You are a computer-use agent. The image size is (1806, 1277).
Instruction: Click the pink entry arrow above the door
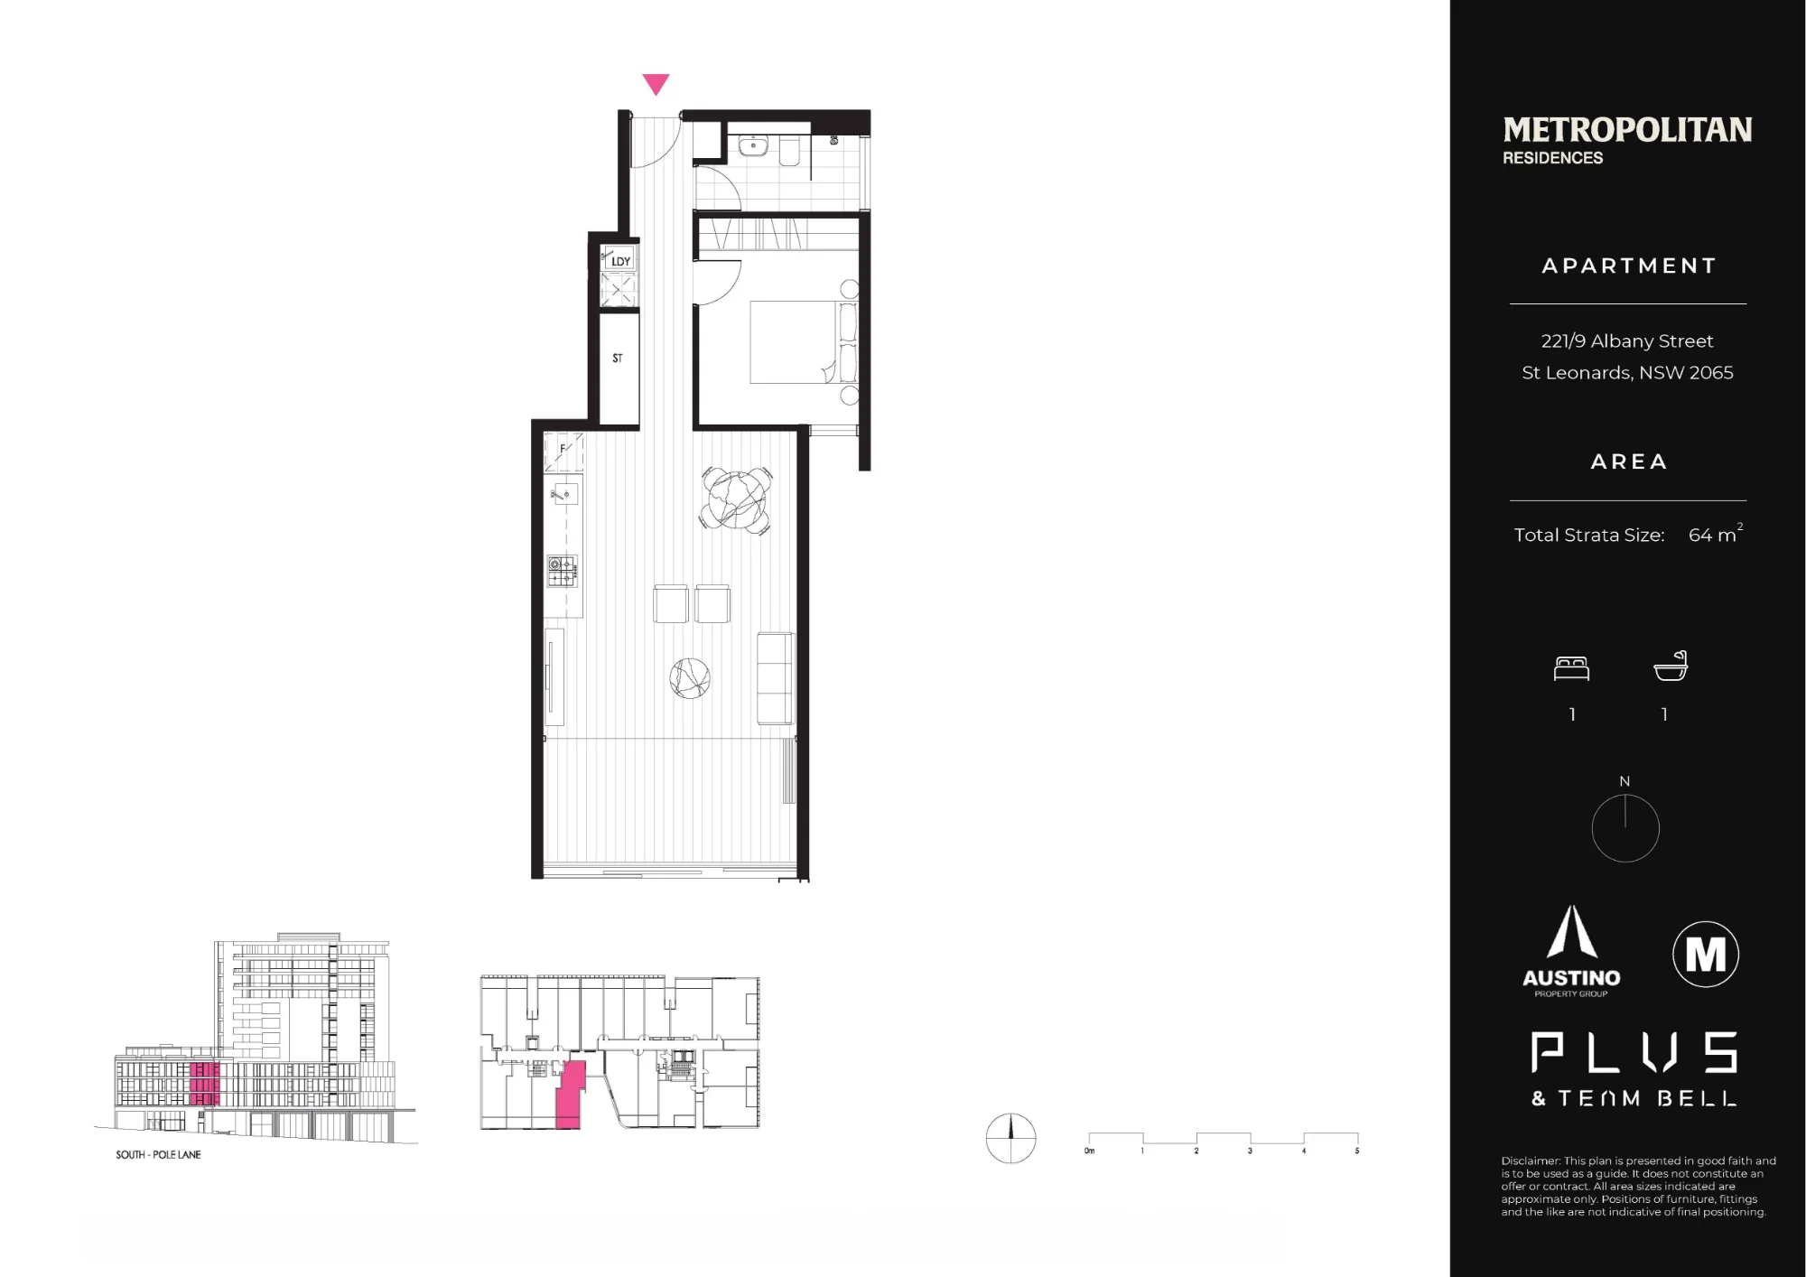[x=656, y=83]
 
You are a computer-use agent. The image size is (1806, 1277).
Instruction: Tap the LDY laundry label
[x=621, y=262]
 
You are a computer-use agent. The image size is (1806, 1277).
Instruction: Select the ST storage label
[x=618, y=359]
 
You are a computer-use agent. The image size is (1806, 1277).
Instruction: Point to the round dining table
[x=736, y=499]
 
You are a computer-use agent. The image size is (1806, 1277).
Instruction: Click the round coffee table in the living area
[x=690, y=678]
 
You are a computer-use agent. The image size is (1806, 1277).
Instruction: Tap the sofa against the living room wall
[x=776, y=678]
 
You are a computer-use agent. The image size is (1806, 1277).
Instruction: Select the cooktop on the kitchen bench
[x=562, y=571]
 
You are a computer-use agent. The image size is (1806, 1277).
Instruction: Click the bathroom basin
[x=753, y=145]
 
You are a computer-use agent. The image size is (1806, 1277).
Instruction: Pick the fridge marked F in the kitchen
[x=563, y=452]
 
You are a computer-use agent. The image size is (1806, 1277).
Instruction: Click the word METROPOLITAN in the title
[x=1627, y=130]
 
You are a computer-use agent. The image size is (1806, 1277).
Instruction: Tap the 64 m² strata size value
[x=1715, y=534]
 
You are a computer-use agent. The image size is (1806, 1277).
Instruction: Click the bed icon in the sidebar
[x=1571, y=668]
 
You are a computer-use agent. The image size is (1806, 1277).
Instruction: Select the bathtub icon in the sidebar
[x=1671, y=666]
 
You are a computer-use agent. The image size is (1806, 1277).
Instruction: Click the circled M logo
[x=1706, y=954]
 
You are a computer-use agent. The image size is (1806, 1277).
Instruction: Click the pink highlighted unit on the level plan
[x=569, y=1095]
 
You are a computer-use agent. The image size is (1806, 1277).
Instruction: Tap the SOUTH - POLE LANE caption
[x=158, y=1155]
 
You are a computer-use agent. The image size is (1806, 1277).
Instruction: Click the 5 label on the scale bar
[x=1356, y=1151]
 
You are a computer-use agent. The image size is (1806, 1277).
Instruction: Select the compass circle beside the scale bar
[x=1010, y=1138]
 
